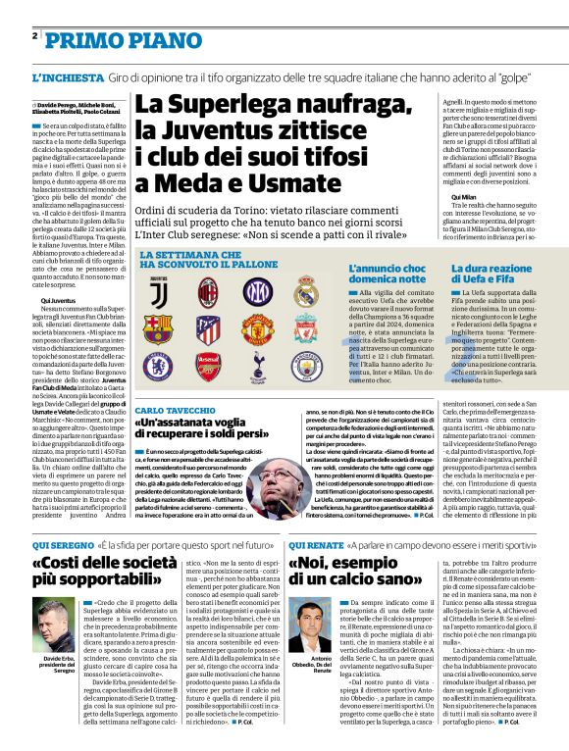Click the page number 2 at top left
35,36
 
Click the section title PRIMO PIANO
109,40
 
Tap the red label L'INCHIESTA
66,76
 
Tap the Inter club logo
257,291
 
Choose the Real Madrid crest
306,291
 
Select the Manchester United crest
257,327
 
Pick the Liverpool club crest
306,327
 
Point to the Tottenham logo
257,365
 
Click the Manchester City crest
306,365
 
